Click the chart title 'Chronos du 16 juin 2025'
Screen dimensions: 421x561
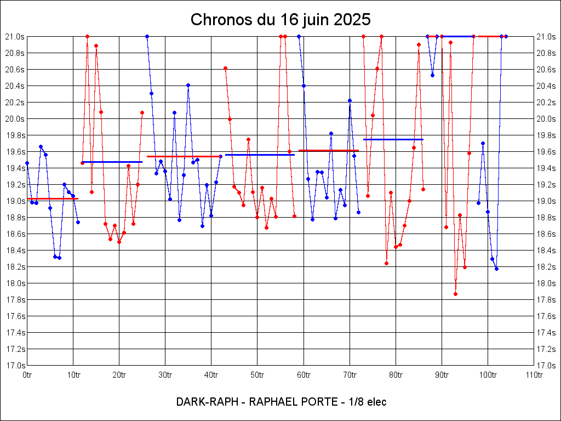[x=280, y=20]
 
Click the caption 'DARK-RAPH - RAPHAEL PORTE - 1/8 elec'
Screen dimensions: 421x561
[x=281, y=402]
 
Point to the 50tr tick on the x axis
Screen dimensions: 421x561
[x=257, y=375]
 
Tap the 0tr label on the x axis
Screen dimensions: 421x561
[x=27, y=375]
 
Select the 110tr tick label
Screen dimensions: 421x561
[x=534, y=375]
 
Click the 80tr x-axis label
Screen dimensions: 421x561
[x=396, y=375]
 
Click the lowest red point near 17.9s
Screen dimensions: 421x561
[x=455, y=294]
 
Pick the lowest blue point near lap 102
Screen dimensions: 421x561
[x=496, y=269]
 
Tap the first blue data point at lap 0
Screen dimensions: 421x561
[x=27, y=163]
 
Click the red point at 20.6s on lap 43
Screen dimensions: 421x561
[x=225, y=68]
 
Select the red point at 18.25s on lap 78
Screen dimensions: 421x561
[x=386, y=263]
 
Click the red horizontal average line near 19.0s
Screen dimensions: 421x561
[x=53, y=198]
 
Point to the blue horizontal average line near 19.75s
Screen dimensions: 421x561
[x=393, y=139]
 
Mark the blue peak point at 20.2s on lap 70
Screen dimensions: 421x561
[x=350, y=100]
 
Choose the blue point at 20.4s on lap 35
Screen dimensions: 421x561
[x=188, y=85]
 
